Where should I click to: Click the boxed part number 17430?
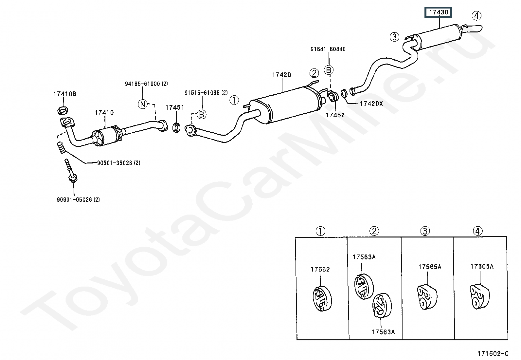tap(439, 12)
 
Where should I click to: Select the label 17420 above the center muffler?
tap(282, 75)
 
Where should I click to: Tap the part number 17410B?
tap(65, 94)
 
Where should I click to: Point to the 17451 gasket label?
tap(175, 107)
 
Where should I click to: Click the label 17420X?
tap(371, 104)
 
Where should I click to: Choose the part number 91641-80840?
tap(328, 49)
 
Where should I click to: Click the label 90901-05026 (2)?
tap(79, 199)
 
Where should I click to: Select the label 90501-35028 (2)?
tap(118, 163)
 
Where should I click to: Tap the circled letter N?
tap(143, 104)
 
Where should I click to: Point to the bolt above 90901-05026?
tap(71, 170)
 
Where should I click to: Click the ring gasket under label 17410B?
tap(63, 110)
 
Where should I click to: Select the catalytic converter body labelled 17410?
tap(107, 136)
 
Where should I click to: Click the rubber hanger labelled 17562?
tap(322, 298)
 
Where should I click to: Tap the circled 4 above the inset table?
tap(477, 231)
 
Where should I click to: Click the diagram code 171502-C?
tap(493, 353)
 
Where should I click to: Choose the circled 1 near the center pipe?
tap(234, 100)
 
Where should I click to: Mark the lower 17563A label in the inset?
tap(383, 332)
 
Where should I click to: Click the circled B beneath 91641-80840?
tap(329, 70)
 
